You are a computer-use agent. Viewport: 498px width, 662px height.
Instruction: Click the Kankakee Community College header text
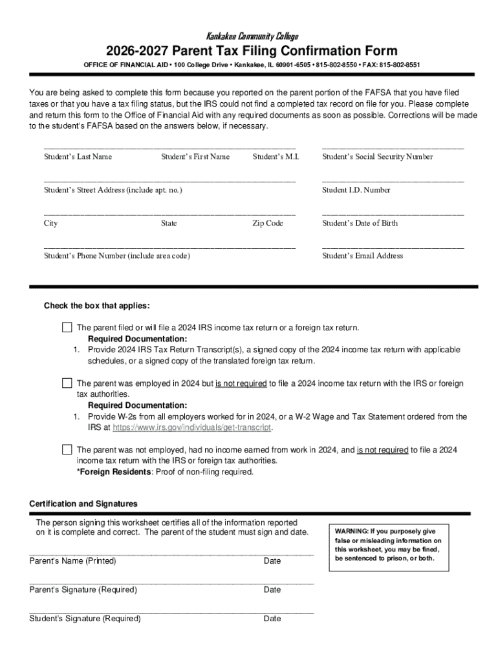click(x=252, y=36)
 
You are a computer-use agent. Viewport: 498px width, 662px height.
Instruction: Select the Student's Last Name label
click(x=78, y=156)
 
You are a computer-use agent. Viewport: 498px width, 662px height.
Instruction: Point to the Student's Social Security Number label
click(x=377, y=156)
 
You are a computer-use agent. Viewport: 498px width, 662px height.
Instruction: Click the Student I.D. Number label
click(x=356, y=190)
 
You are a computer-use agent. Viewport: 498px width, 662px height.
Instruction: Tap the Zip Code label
click(x=268, y=223)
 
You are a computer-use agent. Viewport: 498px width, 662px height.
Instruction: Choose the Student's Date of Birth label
click(x=360, y=223)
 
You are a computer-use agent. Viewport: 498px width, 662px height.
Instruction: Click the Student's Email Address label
click(x=362, y=256)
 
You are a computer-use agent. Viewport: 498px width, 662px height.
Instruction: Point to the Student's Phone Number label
click(x=117, y=256)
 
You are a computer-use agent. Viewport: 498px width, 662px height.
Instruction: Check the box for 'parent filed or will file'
click(x=67, y=327)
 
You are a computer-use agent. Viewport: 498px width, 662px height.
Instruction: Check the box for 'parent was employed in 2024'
click(x=67, y=383)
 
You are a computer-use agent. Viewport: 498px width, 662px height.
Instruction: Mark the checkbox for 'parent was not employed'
click(x=67, y=449)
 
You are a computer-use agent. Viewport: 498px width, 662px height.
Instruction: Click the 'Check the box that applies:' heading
click(x=96, y=306)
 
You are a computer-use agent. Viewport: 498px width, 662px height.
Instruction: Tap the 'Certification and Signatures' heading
click(x=83, y=504)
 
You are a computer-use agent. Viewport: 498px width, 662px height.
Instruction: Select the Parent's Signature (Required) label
click(x=83, y=590)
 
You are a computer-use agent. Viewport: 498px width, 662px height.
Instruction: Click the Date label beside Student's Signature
click(x=272, y=619)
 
